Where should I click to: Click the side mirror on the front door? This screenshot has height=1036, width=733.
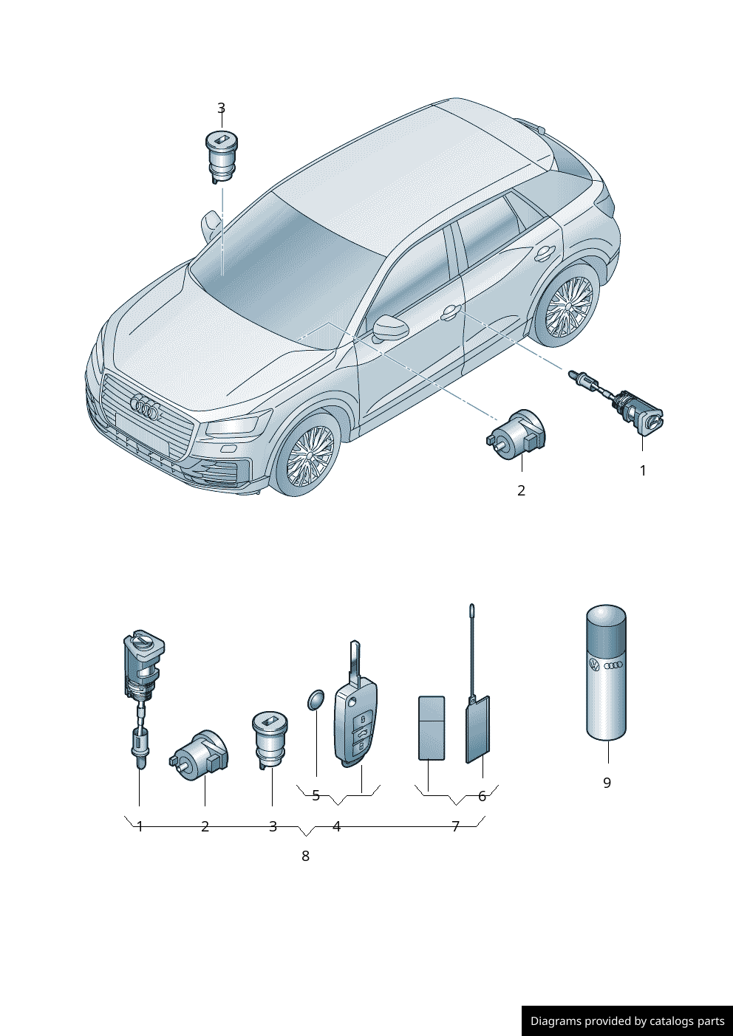(x=391, y=328)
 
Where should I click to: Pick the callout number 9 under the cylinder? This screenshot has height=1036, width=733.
(x=607, y=783)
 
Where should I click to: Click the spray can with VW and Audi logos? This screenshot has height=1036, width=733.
(x=607, y=672)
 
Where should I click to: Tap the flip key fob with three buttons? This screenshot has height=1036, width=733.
(x=355, y=704)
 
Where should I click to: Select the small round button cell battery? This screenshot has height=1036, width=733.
(x=316, y=700)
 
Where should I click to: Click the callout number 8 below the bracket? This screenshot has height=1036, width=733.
(x=305, y=856)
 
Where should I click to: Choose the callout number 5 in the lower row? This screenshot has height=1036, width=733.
(x=316, y=795)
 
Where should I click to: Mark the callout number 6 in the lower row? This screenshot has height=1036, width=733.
(x=483, y=796)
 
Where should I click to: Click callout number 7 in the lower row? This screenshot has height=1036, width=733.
(x=455, y=826)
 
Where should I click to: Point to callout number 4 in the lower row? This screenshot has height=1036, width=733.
(x=336, y=826)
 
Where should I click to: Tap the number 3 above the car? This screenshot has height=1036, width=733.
(x=221, y=109)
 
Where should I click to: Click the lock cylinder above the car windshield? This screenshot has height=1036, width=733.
(x=221, y=157)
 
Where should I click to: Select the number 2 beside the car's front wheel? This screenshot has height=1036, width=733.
(x=521, y=491)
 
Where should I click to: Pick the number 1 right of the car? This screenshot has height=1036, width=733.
(x=643, y=470)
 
